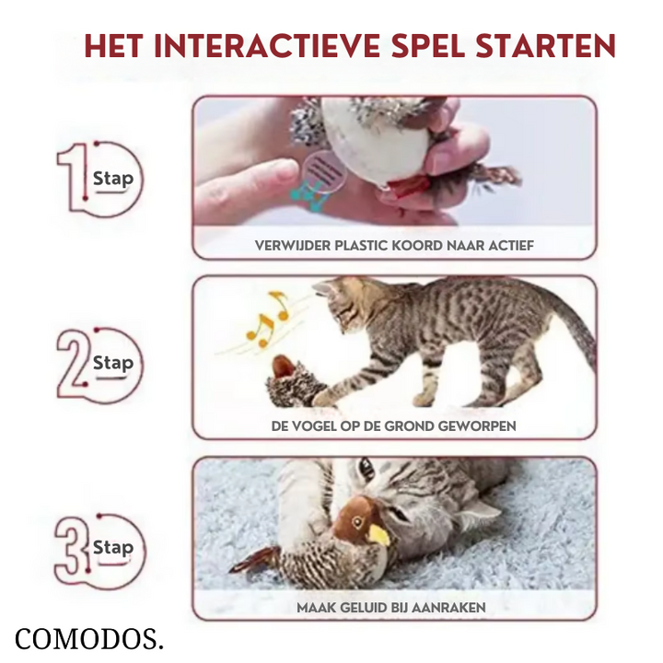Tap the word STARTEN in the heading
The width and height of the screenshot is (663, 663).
point(545,46)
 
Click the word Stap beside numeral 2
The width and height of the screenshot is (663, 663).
point(113,363)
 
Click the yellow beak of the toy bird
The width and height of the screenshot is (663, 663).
point(378,534)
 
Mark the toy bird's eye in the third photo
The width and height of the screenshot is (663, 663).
point(357,522)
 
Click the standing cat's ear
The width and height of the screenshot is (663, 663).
point(323,288)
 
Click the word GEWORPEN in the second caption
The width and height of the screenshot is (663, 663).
point(477,425)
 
